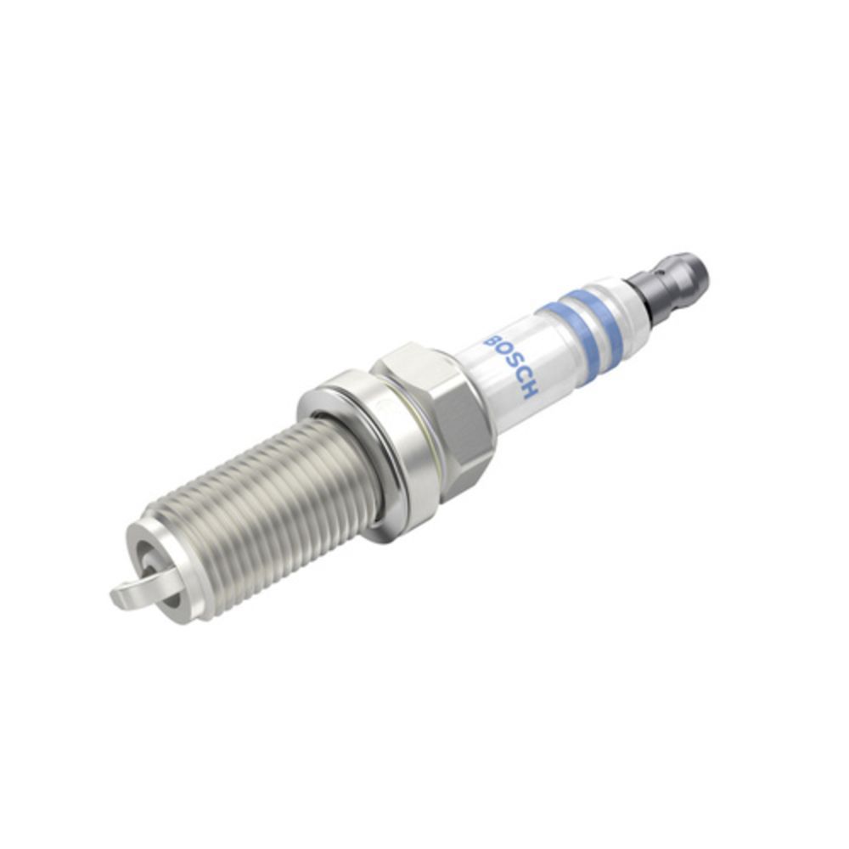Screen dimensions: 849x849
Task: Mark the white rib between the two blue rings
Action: [x=582, y=326]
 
